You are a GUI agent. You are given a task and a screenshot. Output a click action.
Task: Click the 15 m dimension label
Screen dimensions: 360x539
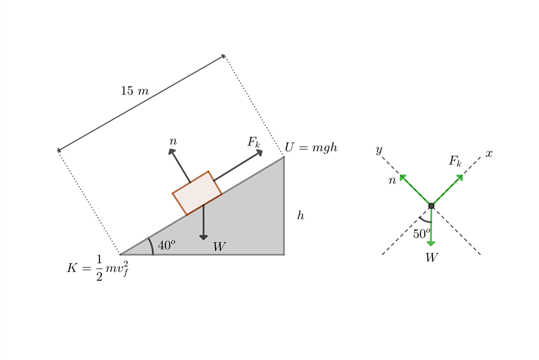tap(135, 91)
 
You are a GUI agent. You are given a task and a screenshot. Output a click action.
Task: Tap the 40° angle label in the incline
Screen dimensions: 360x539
tap(166, 245)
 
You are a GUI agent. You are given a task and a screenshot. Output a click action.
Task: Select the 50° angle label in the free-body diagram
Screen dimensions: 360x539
tap(422, 234)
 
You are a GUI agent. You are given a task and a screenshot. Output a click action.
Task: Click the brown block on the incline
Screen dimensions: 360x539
tap(197, 193)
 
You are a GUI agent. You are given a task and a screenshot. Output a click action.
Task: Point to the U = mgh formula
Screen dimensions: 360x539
tap(311, 148)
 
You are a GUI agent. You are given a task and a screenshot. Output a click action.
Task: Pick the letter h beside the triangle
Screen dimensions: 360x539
tap(300, 216)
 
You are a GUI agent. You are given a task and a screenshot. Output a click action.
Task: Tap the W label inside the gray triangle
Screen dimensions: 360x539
tap(219, 246)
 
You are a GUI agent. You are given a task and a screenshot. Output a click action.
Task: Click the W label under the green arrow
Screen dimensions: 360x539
tap(432, 258)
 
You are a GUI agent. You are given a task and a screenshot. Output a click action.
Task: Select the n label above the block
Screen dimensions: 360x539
tap(173, 141)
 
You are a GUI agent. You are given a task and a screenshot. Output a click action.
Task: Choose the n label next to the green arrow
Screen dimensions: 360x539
tap(392, 180)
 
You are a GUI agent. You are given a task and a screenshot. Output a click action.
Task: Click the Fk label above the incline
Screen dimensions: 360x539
tap(254, 142)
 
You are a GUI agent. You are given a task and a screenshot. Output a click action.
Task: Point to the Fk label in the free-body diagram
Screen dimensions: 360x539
tap(455, 160)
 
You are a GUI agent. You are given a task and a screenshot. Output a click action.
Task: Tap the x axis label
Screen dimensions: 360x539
tap(489, 153)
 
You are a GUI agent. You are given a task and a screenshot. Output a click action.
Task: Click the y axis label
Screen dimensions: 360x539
tap(379, 150)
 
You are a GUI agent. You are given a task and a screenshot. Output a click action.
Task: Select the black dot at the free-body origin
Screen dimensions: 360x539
tap(431, 205)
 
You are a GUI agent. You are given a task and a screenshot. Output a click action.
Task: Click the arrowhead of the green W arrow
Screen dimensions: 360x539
tap(431, 243)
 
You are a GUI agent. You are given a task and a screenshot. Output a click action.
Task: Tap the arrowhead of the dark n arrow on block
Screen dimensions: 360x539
tap(171, 151)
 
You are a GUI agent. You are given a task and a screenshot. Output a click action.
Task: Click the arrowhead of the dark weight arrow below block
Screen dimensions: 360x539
tap(203, 237)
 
